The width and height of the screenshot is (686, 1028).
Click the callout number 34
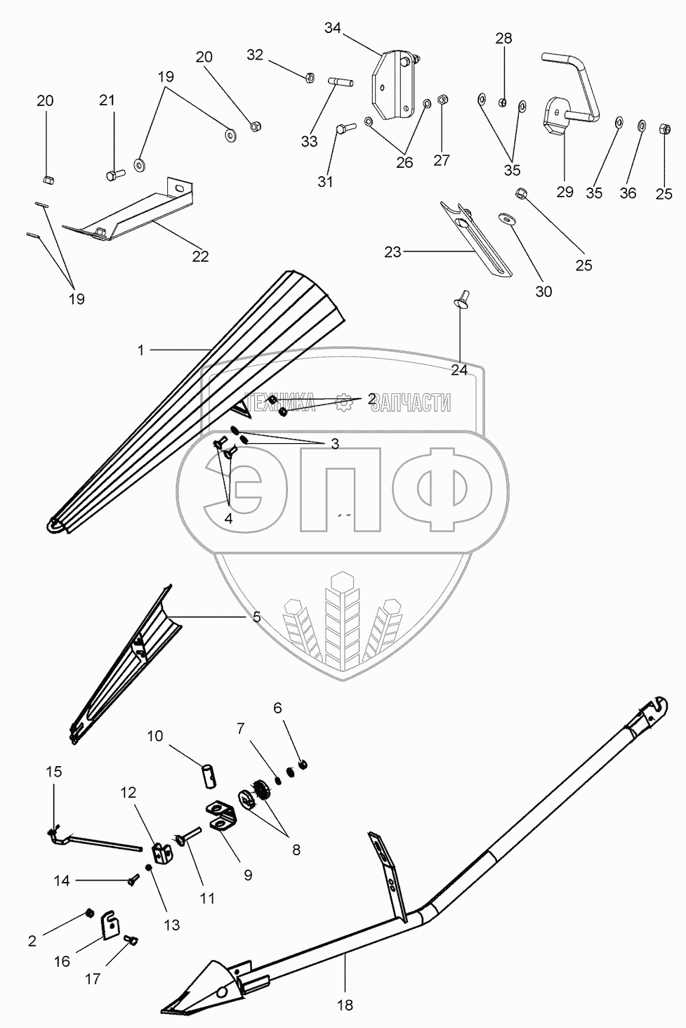332,28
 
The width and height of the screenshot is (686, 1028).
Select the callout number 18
344,1005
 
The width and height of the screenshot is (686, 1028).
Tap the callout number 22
200,256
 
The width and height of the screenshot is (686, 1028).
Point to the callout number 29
565,191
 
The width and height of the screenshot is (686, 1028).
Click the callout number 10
155,736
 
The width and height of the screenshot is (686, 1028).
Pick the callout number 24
459,370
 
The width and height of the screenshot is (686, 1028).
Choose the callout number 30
543,291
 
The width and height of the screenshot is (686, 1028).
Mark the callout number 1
141,350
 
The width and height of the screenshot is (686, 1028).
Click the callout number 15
53,772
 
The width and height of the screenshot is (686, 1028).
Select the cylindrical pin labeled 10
209,776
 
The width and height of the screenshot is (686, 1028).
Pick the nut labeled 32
310,77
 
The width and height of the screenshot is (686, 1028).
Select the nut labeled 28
503,103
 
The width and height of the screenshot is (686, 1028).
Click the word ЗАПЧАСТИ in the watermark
411,402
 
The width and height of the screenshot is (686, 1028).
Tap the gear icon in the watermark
343,402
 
